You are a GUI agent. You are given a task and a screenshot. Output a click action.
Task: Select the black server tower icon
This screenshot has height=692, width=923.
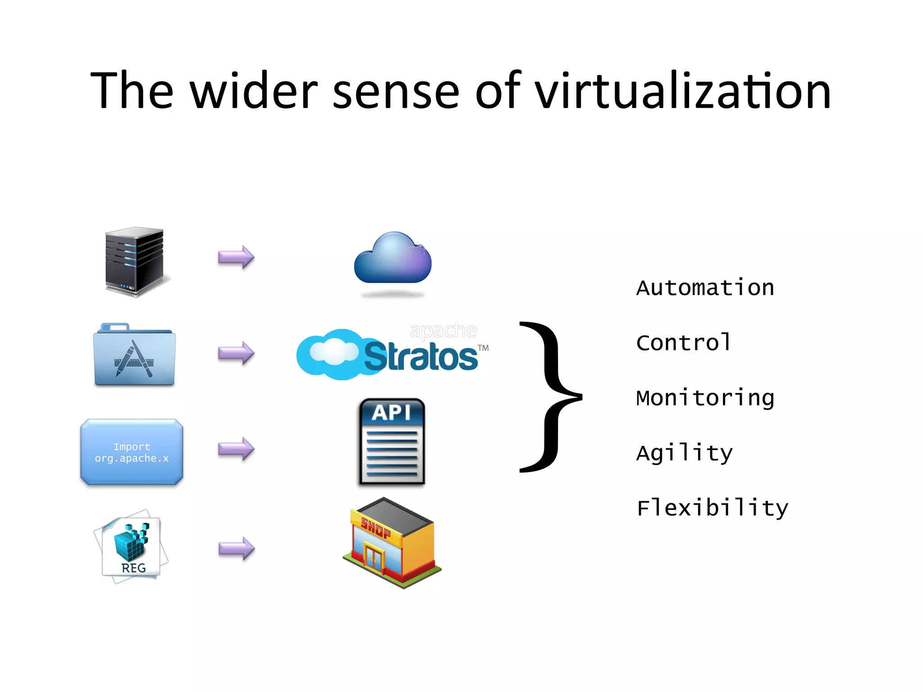click(x=134, y=261)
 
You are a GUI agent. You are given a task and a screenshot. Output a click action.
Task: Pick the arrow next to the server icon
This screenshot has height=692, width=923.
click(x=236, y=257)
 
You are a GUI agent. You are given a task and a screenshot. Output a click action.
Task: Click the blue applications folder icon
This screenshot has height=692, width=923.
click(x=134, y=355)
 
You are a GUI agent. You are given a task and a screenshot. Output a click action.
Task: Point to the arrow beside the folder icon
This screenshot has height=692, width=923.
click(x=236, y=353)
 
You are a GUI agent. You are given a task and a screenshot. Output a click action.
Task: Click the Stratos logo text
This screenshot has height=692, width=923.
click(x=420, y=357)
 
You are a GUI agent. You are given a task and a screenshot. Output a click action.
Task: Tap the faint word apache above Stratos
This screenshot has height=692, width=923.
click(x=443, y=331)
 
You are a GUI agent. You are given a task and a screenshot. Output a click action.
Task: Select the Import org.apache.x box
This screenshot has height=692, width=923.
click(x=132, y=452)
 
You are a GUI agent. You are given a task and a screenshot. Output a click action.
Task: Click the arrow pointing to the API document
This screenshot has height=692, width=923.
click(x=236, y=449)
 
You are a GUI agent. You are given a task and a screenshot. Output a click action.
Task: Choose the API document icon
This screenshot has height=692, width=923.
click(x=392, y=442)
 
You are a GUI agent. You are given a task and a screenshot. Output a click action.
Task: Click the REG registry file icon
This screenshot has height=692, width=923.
click(x=132, y=547)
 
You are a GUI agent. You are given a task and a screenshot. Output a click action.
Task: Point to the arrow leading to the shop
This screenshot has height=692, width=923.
click(x=237, y=549)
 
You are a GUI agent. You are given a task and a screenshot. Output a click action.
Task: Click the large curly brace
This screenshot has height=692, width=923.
click(x=550, y=396)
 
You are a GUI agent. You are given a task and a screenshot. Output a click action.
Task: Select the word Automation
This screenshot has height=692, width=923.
click(x=705, y=288)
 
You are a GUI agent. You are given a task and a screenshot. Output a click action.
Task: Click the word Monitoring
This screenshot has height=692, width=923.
click(x=705, y=398)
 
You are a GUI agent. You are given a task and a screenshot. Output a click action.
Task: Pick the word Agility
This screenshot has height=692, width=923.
click(x=684, y=453)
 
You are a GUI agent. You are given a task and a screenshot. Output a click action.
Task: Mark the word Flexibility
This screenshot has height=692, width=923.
click(x=712, y=508)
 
